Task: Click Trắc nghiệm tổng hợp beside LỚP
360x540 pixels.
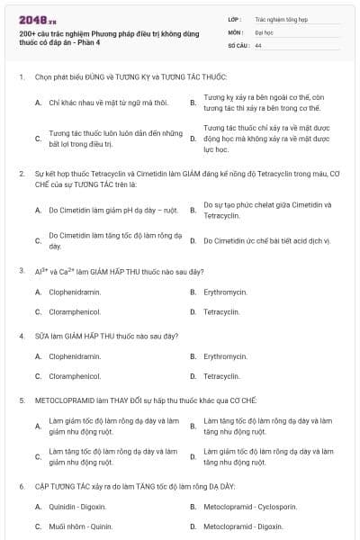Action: pos(279,18)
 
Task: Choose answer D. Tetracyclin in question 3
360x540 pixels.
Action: pos(220,311)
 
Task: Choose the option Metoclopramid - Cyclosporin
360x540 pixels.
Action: pos(237,507)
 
